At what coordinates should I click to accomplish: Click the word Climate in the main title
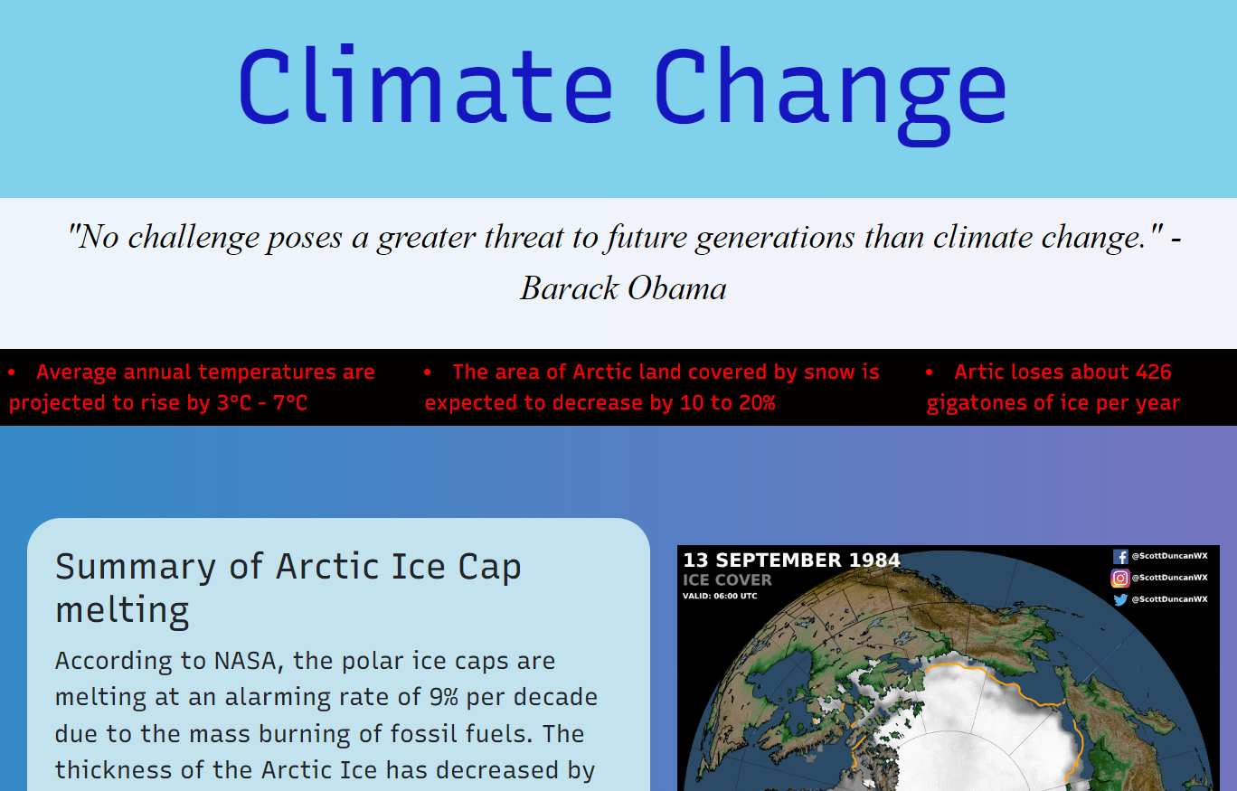(425, 87)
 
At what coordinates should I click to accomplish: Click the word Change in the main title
(830, 87)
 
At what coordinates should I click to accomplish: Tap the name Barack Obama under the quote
(623, 288)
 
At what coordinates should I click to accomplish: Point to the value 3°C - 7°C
(262, 403)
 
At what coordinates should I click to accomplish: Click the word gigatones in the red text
(972, 403)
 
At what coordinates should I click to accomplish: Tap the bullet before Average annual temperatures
(12, 372)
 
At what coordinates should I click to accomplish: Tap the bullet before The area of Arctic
(428, 372)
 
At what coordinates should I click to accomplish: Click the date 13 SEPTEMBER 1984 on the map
(791, 560)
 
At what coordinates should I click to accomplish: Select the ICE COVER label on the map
(727, 580)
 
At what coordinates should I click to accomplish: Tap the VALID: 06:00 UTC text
(720, 596)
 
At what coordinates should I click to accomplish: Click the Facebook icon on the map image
(1120, 557)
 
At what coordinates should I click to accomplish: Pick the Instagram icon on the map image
(1120, 578)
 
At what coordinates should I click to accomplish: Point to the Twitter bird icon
(1120, 599)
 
